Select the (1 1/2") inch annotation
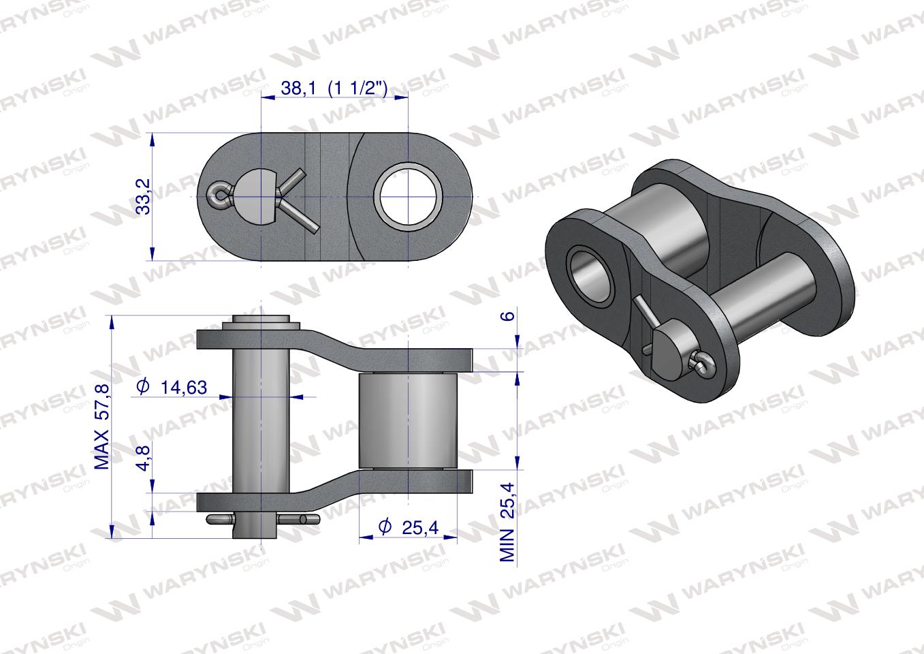357,87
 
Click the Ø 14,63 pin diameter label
171,387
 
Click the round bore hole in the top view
407,196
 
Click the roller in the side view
407,420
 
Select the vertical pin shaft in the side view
261,429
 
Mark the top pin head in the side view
261,321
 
